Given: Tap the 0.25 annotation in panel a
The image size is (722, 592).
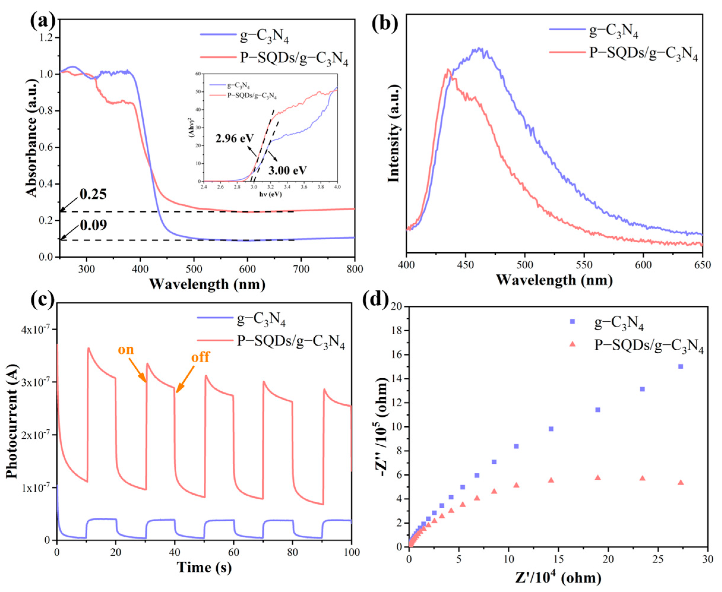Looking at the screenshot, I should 93,194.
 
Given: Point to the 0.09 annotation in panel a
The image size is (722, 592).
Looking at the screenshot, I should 93,225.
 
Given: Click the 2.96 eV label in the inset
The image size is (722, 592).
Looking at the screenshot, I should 235,138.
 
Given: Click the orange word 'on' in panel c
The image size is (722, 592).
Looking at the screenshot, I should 126,349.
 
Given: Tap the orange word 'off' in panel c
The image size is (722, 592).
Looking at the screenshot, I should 200,357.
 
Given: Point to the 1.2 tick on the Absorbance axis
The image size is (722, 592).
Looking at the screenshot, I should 47,37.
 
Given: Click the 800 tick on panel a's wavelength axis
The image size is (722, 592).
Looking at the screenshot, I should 354,269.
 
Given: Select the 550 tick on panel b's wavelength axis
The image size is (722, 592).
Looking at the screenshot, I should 584,265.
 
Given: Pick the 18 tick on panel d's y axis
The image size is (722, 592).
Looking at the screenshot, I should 397,331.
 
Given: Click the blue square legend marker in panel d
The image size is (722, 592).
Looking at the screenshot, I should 572,321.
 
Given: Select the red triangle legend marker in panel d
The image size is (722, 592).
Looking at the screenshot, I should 572,344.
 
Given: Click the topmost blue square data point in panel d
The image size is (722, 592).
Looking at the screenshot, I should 680,367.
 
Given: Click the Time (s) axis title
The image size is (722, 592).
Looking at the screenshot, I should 204,567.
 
